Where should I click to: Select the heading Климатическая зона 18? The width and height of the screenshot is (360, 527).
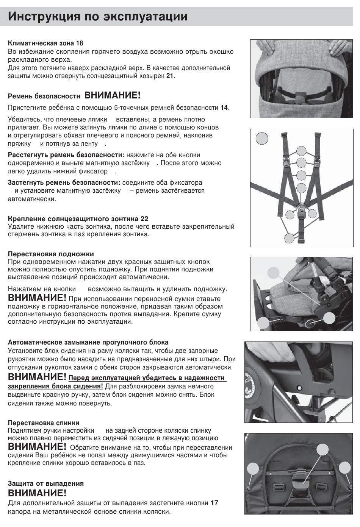tap(45, 43)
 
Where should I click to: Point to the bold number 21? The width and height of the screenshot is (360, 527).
tap(170, 76)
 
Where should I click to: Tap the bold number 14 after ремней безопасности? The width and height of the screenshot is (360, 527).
tap(224, 108)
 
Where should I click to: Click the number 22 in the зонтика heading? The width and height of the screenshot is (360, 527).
tap(144, 219)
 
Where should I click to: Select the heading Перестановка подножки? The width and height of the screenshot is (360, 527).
tap(51, 254)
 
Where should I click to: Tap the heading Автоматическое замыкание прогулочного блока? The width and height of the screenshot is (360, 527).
tap(88, 342)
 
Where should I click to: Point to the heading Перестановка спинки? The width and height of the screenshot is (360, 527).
tap(44, 423)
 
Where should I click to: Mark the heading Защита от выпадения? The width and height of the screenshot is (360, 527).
tap(45, 483)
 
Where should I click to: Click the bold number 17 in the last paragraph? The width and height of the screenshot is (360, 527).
tap(214, 503)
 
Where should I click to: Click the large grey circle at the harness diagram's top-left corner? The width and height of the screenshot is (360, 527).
tap(261, 138)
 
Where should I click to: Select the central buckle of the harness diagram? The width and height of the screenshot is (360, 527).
tap(302, 208)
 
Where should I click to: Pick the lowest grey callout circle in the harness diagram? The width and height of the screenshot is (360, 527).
tap(289, 238)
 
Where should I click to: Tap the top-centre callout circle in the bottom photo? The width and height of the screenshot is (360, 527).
tap(322, 449)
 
